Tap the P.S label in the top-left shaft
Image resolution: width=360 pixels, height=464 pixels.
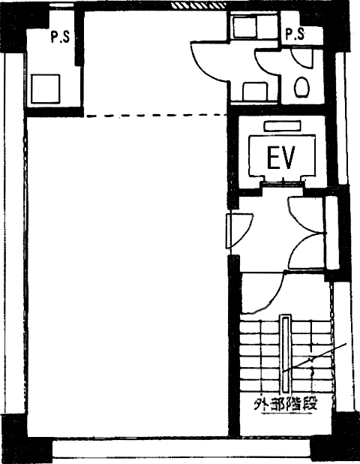tap(60, 38)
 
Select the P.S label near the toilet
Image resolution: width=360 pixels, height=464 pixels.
tap(295, 34)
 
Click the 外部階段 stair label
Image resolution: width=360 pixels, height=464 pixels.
tap(286, 404)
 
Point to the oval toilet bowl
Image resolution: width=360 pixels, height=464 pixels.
tap(301, 86)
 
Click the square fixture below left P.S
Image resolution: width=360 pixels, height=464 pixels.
tap(46, 89)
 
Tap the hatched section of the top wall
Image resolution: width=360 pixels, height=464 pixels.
tap(199, 5)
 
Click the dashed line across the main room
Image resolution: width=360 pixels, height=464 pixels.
tap(155, 116)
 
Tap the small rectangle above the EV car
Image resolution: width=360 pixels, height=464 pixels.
tap(283, 126)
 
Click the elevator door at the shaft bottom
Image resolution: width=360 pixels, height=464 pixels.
tap(282, 184)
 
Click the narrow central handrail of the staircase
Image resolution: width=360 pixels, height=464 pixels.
tap(285, 354)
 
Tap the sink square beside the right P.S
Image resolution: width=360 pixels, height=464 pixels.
tap(244, 26)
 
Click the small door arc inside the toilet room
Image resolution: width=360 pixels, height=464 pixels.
tap(301, 59)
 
